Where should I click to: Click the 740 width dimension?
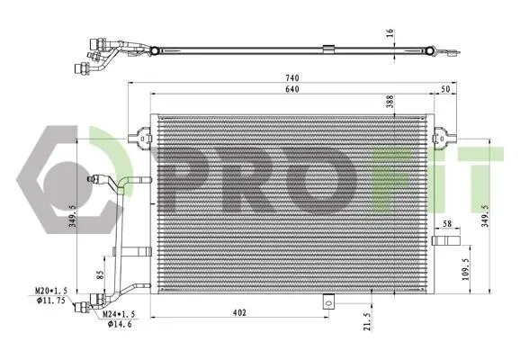pyautogui.click(x=292, y=77)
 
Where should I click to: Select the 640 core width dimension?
pyautogui.click(x=292, y=89)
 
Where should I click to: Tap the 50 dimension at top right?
pyautogui.click(x=445, y=89)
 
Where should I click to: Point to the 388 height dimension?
pyautogui.click(x=390, y=102)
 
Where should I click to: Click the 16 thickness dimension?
pyautogui.click(x=390, y=32)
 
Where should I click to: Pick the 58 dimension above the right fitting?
pyautogui.click(x=447, y=223)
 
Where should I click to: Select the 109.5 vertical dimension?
pyautogui.click(x=466, y=270)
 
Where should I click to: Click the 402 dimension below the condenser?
pyautogui.click(x=239, y=312)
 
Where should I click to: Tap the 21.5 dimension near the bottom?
pyautogui.click(x=367, y=321)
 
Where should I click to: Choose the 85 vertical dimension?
pyautogui.click(x=100, y=274)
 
